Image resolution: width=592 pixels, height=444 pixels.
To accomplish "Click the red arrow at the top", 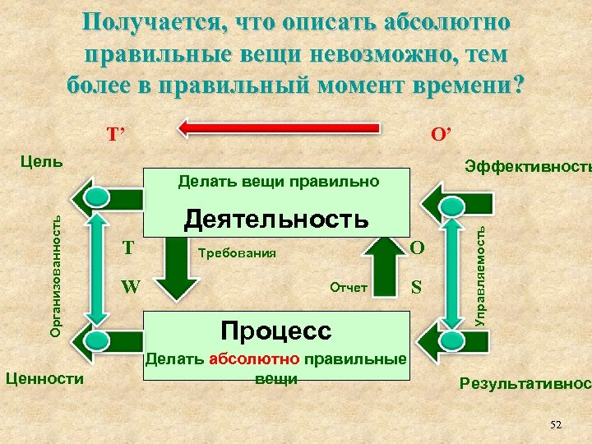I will [280, 128].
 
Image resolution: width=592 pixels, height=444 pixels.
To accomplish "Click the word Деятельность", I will [276, 219].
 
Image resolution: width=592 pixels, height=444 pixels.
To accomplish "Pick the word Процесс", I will [276, 331].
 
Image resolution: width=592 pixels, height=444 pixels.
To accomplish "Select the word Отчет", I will [348, 287].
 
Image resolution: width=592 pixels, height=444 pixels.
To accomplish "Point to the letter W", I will [130, 287].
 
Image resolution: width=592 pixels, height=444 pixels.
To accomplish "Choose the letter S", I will [417, 287].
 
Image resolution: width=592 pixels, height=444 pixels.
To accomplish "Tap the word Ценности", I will [44, 377].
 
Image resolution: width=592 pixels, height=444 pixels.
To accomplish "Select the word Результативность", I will [525, 382].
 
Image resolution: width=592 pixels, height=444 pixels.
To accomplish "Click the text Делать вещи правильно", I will [279, 180].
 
